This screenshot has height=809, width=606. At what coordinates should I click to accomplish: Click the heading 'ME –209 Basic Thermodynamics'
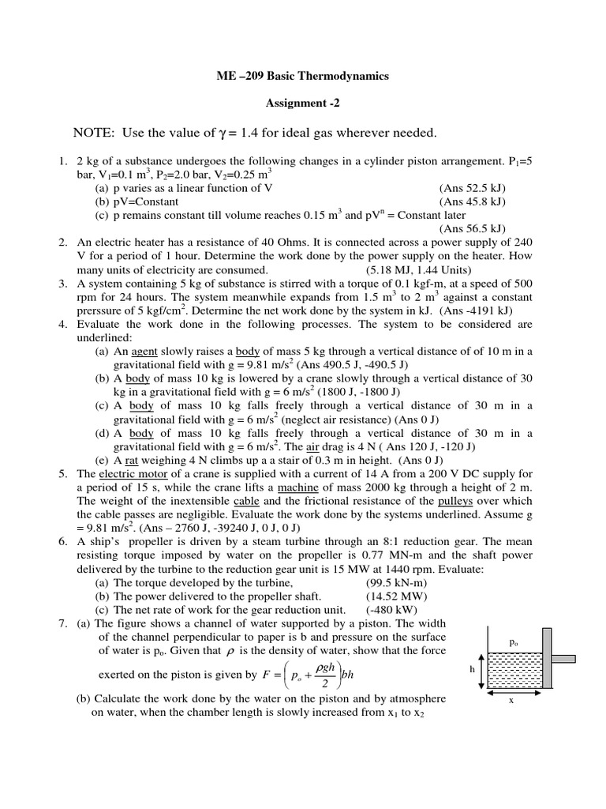303,76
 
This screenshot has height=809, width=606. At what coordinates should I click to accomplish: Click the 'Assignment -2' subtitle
303,103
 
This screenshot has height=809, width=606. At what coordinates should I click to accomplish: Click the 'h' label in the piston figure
471,668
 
